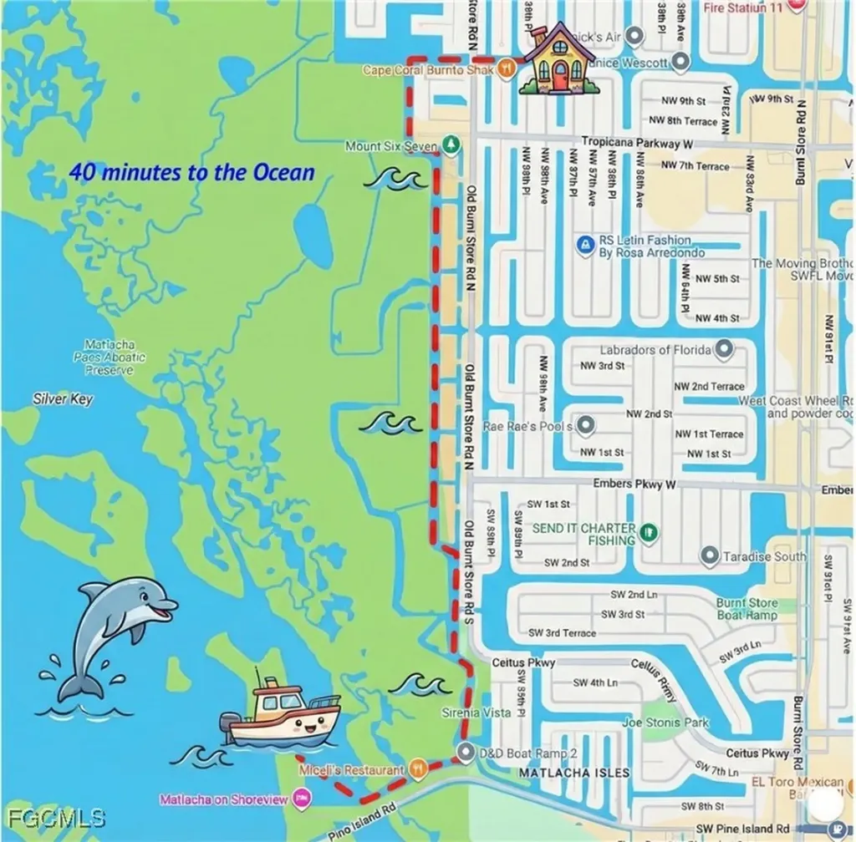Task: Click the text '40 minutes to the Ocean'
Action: (x=192, y=173)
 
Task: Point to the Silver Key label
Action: (x=64, y=399)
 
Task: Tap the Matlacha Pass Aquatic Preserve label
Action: (x=110, y=358)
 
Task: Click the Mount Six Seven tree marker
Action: (x=451, y=146)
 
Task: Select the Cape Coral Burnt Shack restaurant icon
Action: (x=505, y=69)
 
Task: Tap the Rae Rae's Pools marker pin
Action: (x=586, y=426)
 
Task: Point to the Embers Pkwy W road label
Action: (x=634, y=484)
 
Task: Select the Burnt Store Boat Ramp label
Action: (x=746, y=609)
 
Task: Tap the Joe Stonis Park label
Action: (x=665, y=723)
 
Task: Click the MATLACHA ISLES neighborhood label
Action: (x=574, y=774)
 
